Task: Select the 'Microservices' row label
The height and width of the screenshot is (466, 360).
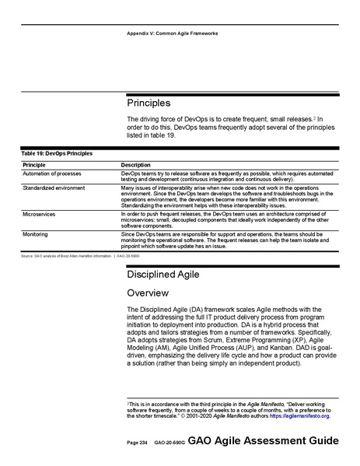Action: [39, 212]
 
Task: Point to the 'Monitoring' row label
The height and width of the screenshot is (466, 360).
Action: [36, 233]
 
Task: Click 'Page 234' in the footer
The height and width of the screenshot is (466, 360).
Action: [137, 442]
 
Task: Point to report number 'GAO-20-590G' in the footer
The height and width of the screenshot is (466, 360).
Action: [168, 442]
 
